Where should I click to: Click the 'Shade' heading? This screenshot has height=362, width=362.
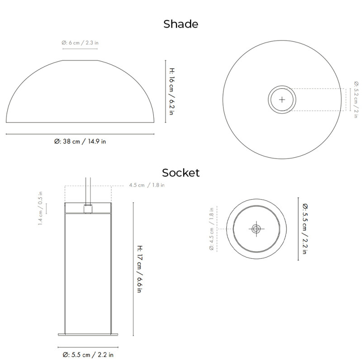tap(181, 24)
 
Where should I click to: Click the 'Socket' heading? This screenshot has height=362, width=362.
tap(181, 172)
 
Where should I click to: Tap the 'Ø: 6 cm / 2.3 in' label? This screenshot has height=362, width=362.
tap(80, 43)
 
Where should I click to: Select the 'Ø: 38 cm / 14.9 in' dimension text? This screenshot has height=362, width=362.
tap(80, 141)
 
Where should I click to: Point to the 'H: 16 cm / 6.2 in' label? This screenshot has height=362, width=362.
tap(171, 91)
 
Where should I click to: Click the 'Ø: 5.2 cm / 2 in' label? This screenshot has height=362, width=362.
tap(356, 100)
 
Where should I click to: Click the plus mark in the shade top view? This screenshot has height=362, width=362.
tap(282, 100)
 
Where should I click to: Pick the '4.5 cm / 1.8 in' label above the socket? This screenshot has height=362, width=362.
tap(147, 185)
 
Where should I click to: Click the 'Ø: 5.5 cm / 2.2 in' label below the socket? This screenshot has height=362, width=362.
tap(88, 355)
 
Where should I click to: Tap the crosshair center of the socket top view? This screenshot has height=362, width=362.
tap(256, 229)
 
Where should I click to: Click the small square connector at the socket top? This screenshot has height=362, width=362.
tap(88, 209)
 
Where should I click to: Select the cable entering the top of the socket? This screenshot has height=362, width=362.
tap(88, 190)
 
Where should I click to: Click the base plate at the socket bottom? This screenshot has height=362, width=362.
tap(88, 335)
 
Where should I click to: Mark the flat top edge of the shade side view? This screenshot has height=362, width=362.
tap(80, 60)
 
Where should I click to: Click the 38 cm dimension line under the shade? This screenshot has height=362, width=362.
tap(80, 134)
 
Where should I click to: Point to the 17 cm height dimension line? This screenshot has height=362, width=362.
tap(133, 269)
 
